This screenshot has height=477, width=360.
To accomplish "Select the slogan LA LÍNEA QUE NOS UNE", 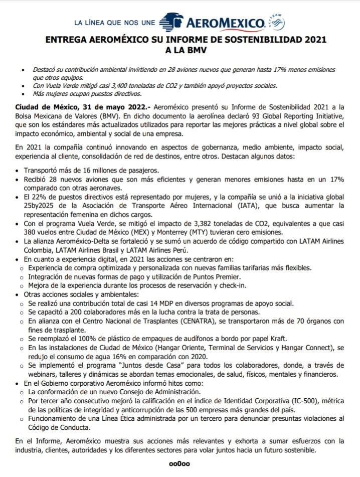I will pyautogui.click(x=115, y=23).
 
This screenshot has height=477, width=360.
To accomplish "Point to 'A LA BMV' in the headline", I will pyautogui.click(x=180, y=50).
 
